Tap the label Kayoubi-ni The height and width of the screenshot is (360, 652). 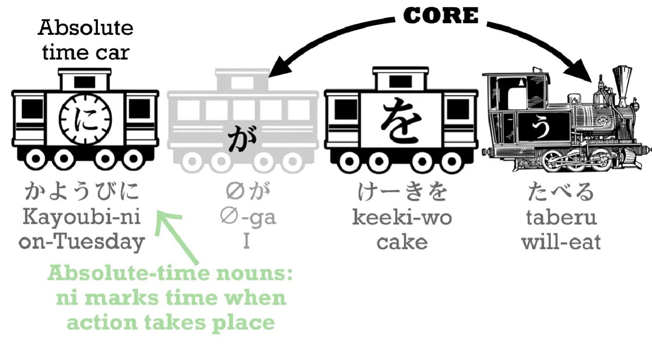(x=81, y=218)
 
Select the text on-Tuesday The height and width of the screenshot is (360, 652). (x=81, y=241)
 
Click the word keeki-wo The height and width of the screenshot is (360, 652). (x=402, y=218)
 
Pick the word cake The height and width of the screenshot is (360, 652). (x=402, y=241)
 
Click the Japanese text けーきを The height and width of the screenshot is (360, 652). (x=402, y=192)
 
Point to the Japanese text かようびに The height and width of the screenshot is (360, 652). (x=81, y=192)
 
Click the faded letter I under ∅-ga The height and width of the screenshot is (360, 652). (x=246, y=241)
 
